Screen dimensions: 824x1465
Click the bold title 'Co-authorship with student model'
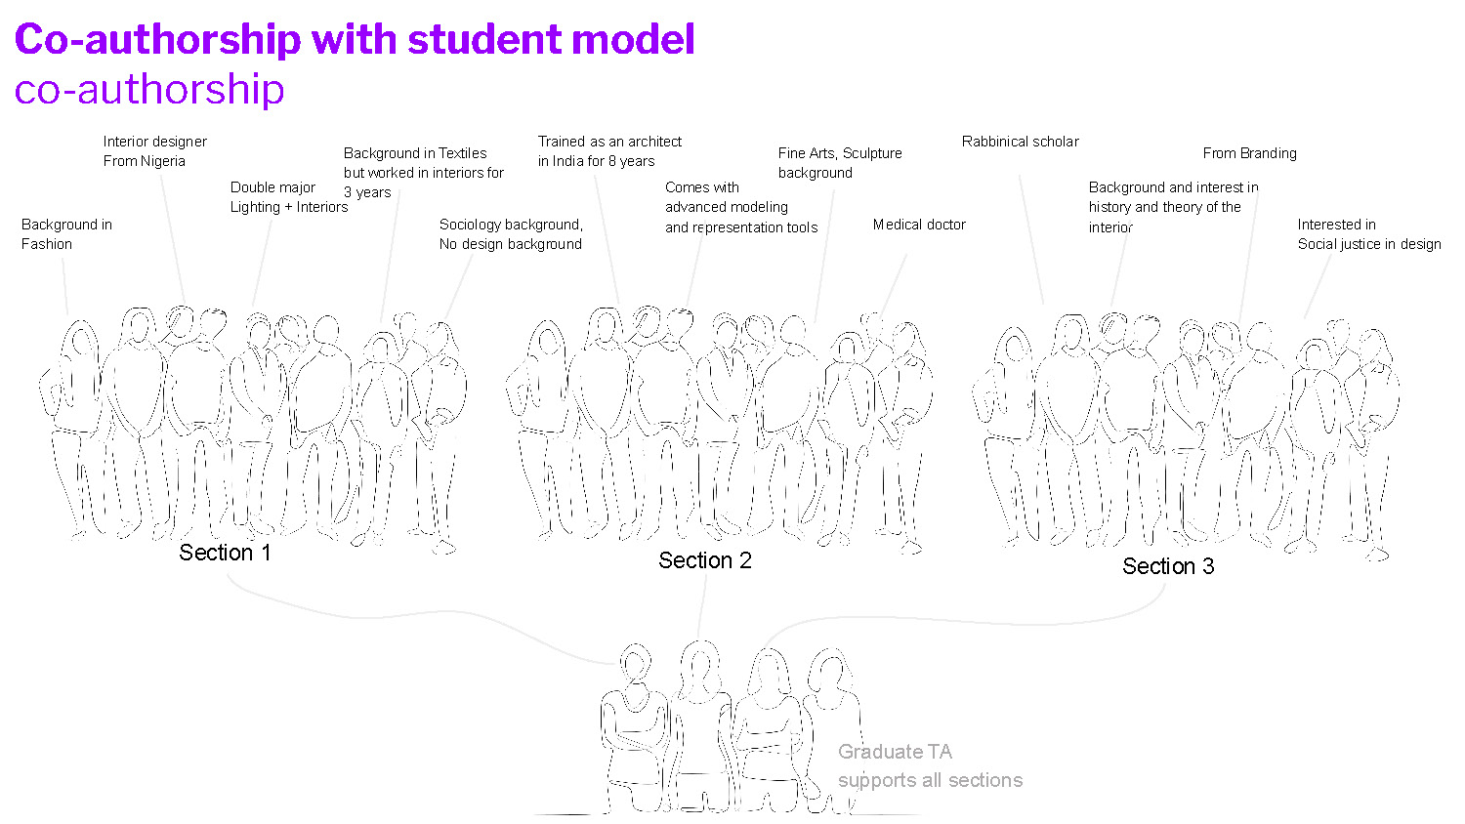(x=354, y=40)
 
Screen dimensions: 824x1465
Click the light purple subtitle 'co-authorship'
(x=149, y=90)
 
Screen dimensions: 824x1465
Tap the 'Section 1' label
(x=225, y=553)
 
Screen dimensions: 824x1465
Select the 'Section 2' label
(x=704, y=560)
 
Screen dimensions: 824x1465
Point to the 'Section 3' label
(x=1168, y=566)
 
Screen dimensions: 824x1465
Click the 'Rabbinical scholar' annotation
(x=1020, y=142)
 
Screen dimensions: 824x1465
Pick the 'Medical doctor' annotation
(x=919, y=225)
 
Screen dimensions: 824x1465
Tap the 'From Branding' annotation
(x=1249, y=153)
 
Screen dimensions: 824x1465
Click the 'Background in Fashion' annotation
(x=66, y=234)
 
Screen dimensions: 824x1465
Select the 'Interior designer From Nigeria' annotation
(x=154, y=151)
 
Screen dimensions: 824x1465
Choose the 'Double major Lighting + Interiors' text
(x=288, y=197)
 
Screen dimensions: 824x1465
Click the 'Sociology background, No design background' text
(x=511, y=234)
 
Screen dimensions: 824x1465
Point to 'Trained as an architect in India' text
(x=609, y=151)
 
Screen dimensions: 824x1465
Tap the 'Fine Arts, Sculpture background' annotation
(x=840, y=163)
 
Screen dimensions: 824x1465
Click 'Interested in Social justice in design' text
(x=1368, y=234)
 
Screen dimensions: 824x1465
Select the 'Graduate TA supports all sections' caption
(x=929, y=765)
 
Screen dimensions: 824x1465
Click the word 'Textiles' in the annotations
(x=462, y=153)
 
